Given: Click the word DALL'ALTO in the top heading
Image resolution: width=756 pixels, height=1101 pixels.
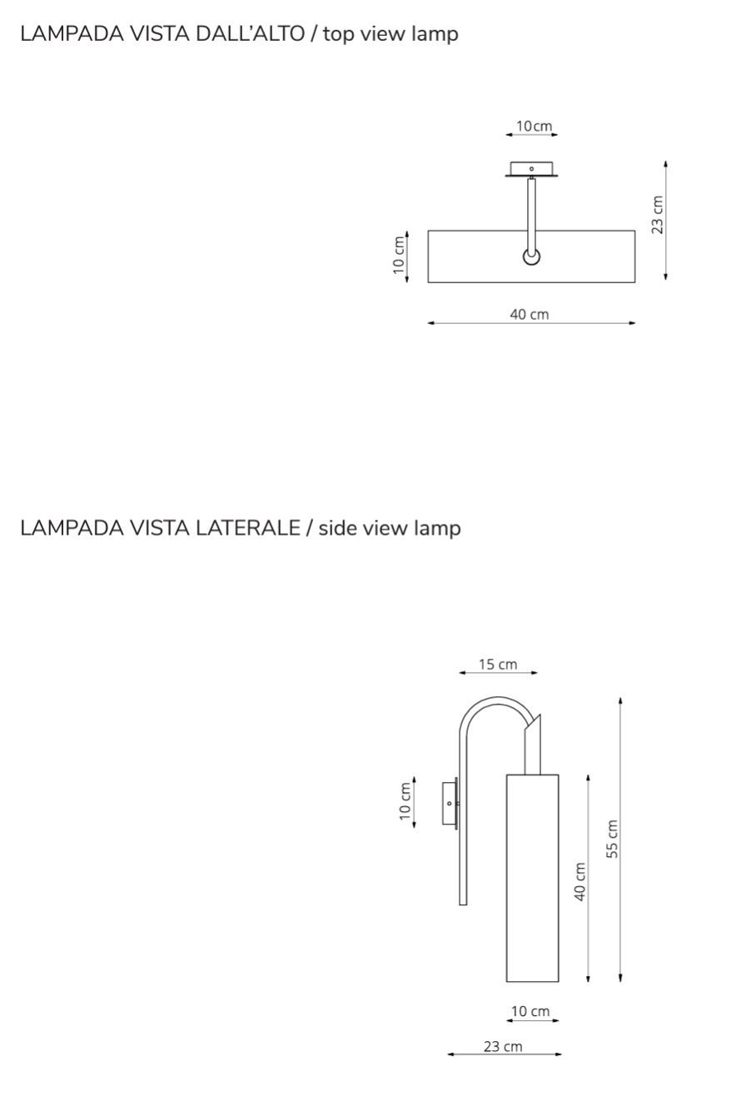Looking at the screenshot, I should pos(249,34).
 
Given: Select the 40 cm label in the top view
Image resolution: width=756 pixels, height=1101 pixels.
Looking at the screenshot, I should pos(530,314).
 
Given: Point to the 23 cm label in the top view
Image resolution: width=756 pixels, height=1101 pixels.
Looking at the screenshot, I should pos(658,215).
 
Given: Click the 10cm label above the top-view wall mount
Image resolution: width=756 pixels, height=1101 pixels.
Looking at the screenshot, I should pos(533,127).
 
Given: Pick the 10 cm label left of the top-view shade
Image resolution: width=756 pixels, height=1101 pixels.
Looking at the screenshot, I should pos(399,256).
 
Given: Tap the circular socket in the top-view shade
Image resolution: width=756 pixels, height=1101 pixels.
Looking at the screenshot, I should pos(531,257).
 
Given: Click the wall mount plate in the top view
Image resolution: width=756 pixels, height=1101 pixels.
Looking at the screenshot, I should pos(532,169).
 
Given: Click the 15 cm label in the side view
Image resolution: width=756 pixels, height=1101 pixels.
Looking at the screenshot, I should pos(498,664).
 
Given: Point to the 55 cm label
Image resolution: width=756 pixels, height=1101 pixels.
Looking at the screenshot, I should pos(612,839).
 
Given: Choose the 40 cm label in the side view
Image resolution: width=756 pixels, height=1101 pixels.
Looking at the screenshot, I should pos(580,880).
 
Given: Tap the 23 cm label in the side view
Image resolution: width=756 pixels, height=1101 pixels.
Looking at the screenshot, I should pos(503,1046).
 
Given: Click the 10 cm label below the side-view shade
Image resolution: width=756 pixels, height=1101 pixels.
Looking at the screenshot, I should pos(530,1011).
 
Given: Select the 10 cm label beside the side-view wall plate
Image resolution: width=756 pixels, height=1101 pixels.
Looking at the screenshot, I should pos(405,801).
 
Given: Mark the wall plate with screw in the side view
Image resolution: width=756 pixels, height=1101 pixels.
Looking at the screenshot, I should pos(450,803).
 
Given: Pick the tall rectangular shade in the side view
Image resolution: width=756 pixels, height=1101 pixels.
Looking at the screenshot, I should pos(532,878).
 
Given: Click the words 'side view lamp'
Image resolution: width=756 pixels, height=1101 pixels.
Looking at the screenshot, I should pos(389,528).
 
